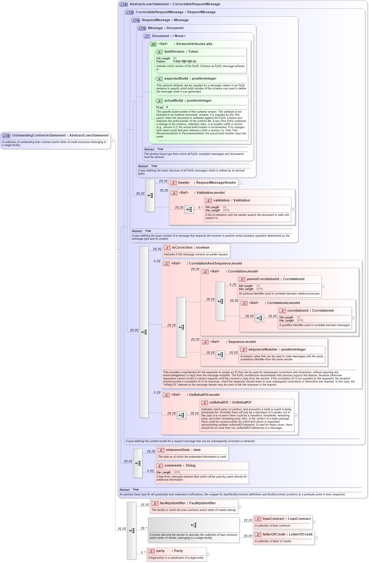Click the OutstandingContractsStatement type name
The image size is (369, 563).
[39, 135]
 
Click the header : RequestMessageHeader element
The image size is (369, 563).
[207, 183]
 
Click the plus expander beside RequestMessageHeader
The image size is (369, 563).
[240, 183]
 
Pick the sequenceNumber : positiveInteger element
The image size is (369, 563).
[277, 350]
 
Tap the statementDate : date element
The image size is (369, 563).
[183, 450]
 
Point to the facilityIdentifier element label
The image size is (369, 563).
[187, 503]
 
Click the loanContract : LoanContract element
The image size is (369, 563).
[286, 519]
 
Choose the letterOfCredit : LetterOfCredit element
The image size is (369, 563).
[287, 535]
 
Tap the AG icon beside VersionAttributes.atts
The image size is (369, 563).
[153, 44]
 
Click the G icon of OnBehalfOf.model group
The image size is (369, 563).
[166, 395]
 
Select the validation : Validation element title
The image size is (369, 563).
[232, 201]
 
